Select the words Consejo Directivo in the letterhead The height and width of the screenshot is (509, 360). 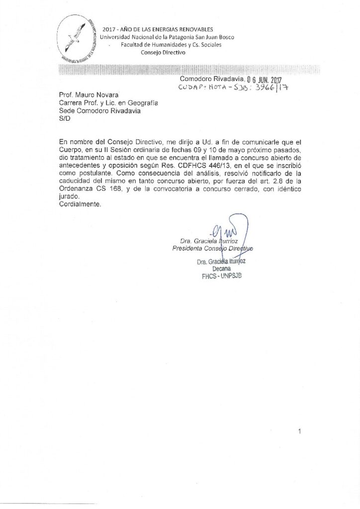163,52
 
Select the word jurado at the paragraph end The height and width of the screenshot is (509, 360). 69,196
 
